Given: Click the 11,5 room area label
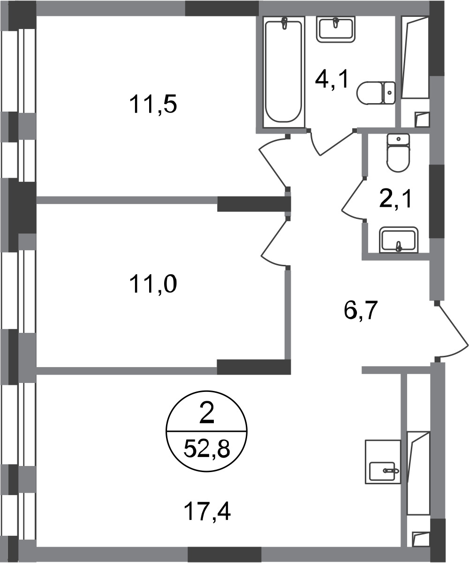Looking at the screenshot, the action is click(153, 105).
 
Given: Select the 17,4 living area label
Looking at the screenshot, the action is click(207, 512).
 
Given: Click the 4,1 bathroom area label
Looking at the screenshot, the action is click(332, 79).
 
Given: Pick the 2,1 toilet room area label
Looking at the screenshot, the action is click(396, 199).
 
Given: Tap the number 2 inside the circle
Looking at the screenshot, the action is click(207, 417).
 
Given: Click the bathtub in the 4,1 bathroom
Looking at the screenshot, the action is click(283, 71).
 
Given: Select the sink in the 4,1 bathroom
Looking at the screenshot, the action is click(336, 30).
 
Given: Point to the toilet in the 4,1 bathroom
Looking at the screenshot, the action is click(376, 93).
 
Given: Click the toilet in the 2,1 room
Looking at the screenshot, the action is click(398, 153).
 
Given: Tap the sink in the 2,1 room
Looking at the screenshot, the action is click(399, 240).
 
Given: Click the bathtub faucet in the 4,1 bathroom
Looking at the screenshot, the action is click(284, 23).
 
